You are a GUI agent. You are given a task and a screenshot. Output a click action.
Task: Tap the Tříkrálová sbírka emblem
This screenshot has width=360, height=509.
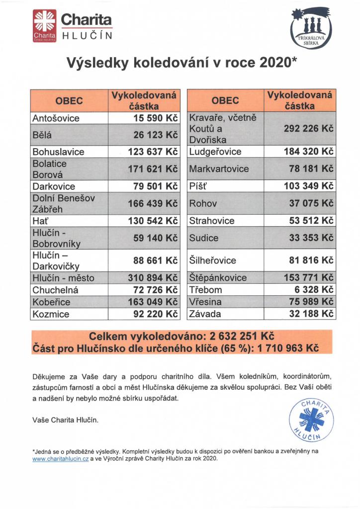point(310,29)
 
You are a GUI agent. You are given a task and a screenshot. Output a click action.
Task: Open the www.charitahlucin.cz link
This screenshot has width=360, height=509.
point(60,459)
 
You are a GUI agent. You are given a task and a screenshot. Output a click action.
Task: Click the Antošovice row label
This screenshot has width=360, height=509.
point(56,119)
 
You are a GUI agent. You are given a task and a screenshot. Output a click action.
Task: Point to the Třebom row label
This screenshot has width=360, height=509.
point(205,290)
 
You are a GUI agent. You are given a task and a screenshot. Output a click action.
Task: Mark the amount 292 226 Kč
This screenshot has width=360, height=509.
point(307,129)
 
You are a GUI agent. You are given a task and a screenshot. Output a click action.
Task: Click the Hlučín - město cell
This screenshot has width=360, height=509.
point(63,278)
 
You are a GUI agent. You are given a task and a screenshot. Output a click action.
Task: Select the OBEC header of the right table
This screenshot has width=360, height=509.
point(225,100)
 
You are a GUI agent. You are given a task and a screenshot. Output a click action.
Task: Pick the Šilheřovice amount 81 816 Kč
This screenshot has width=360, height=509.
point(311,260)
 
